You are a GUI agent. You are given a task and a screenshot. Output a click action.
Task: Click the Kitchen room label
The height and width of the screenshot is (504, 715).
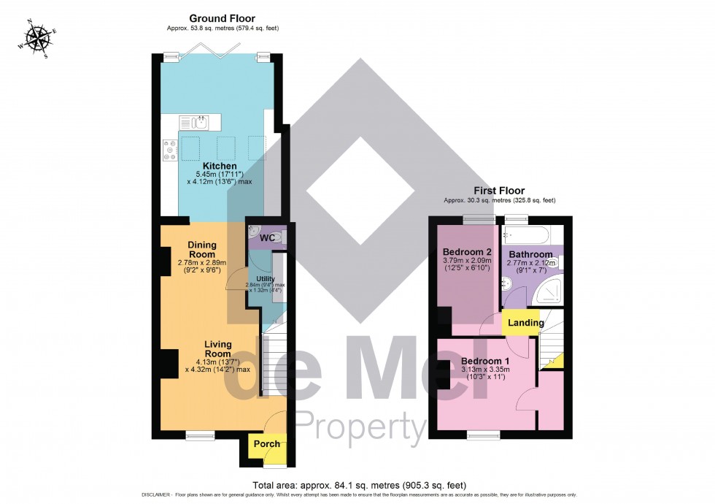pos(220,166)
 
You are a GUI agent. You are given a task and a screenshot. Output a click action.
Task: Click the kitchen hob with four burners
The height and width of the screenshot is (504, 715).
pos(170,150)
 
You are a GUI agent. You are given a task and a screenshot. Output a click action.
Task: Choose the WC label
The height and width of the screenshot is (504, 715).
pos(268,238)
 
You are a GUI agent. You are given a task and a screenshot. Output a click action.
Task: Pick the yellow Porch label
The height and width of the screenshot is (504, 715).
pos(266,444)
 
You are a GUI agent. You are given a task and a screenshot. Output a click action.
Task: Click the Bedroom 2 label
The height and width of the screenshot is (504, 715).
pos(466,251)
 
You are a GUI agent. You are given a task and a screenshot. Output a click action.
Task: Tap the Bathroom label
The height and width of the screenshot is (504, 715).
pos(530,254)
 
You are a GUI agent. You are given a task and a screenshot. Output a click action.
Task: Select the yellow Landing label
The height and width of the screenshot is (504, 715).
pos(525,323)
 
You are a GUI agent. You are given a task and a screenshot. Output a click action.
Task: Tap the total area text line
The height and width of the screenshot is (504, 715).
pos(359,485)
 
